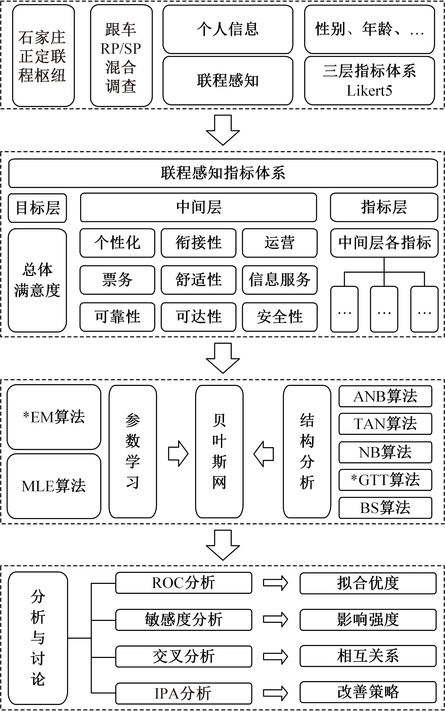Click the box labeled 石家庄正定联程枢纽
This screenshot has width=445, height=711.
tap(43, 56)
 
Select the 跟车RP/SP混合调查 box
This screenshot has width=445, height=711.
tap(121, 56)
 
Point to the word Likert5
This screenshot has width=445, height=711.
tap(369, 91)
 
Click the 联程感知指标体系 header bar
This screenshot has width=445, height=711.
tap(223, 173)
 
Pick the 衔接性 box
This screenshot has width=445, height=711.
tap(198, 243)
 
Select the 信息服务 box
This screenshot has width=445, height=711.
tap(280, 280)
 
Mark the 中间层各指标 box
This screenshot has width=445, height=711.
tap(384, 243)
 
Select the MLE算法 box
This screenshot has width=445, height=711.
tap(54, 486)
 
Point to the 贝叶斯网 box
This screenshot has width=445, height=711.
tap(219, 451)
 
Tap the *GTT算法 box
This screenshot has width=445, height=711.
tap(385, 480)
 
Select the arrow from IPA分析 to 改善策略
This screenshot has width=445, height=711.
tap(275, 693)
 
